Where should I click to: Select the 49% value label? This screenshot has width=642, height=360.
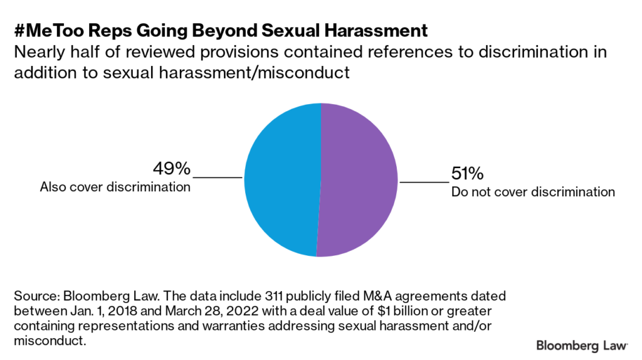click(x=171, y=169)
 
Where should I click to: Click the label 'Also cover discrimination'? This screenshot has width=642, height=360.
click(x=115, y=187)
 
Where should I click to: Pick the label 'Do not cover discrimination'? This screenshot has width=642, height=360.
click(x=533, y=192)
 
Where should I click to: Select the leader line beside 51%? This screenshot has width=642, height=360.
click(x=424, y=183)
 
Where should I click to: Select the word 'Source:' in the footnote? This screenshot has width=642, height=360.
click(x=35, y=295)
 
